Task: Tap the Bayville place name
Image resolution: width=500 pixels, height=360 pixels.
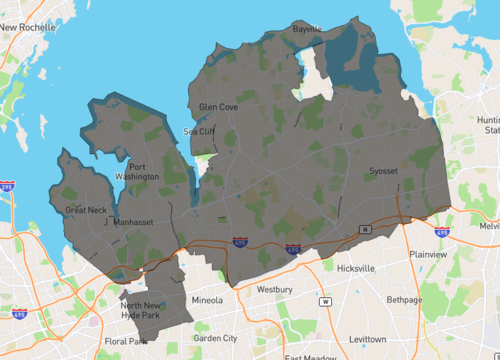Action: [307, 29]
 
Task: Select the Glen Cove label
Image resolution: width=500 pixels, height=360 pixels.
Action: [218, 106]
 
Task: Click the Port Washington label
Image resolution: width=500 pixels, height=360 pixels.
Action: [143, 171]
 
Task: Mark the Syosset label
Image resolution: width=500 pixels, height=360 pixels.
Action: [382, 171]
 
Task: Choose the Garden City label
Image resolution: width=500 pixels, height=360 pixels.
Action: [215, 338]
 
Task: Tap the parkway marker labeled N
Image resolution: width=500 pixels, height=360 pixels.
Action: [365, 229]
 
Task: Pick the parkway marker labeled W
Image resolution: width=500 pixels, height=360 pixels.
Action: [324, 301]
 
